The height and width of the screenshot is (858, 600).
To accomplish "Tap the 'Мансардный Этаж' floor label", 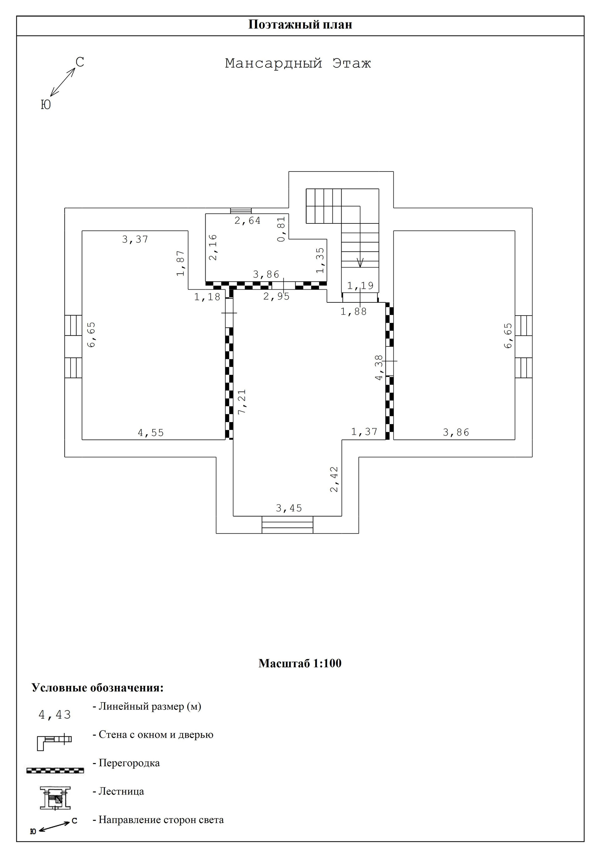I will click(x=297, y=63).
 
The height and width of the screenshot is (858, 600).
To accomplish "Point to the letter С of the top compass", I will click(x=80, y=62).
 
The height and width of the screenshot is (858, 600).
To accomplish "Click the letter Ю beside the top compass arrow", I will click(x=46, y=105).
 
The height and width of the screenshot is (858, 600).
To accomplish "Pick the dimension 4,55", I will click(x=151, y=433).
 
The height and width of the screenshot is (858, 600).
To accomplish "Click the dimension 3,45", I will click(x=289, y=508).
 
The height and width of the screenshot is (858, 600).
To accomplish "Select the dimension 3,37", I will click(x=135, y=239).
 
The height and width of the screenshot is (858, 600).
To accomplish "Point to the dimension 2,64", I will click(x=247, y=221).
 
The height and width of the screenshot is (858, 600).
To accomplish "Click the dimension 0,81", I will click(x=282, y=229).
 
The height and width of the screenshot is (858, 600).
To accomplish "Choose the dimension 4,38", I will click(x=379, y=368).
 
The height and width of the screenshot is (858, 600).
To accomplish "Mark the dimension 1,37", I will click(x=364, y=432).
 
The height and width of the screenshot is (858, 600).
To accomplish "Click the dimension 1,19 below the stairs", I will click(x=360, y=286).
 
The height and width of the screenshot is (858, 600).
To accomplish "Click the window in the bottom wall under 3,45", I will click(x=287, y=525).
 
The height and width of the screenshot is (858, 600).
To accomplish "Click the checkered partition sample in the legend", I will click(x=55, y=771).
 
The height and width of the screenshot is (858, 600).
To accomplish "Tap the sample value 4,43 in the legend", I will click(x=55, y=715).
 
